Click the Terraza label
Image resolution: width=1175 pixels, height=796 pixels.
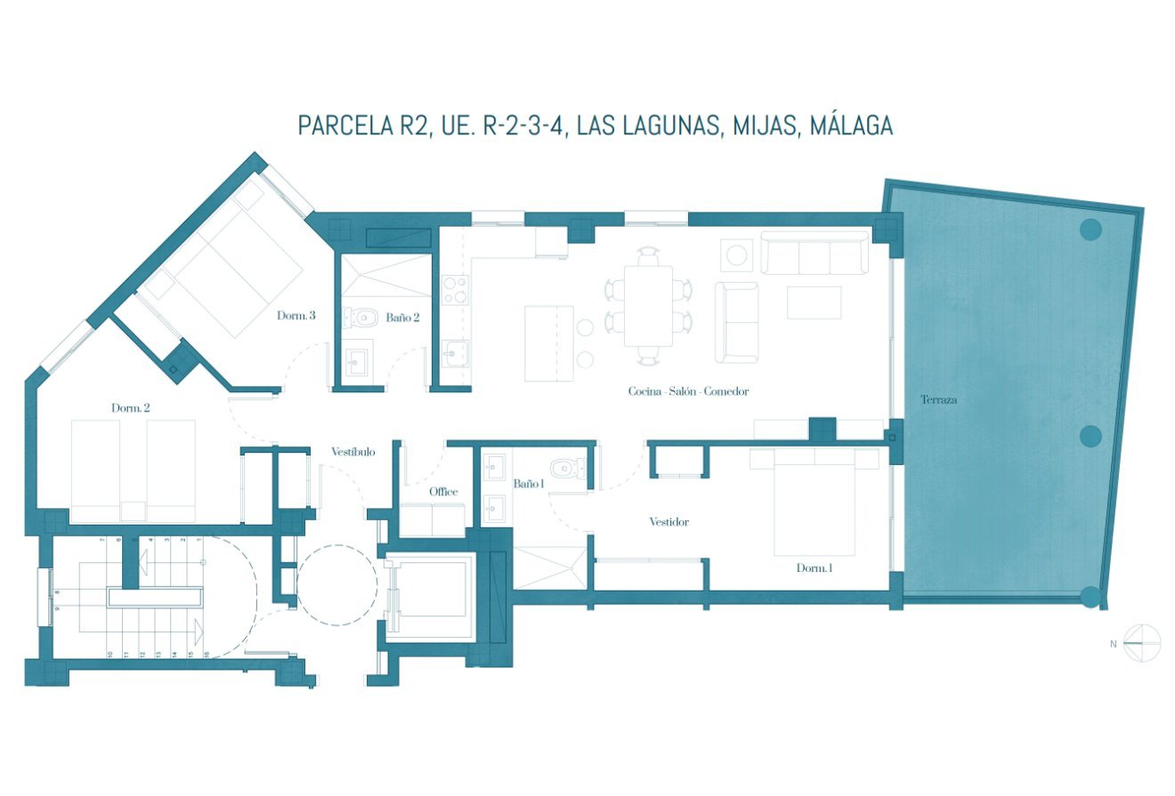(x=938, y=400)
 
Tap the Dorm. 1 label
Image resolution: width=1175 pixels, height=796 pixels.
(x=814, y=567)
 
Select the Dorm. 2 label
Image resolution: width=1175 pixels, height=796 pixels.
(x=130, y=408)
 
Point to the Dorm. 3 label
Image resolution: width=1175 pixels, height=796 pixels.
(x=296, y=315)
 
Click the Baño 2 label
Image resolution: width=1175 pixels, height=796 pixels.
(x=402, y=318)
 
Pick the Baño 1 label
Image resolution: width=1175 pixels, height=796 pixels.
(x=528, y=484)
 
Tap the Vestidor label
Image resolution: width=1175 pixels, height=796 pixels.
(x=669, y=522)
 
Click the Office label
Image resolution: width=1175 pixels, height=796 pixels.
(x=443, y=492)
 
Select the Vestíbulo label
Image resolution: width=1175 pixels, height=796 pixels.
(x=353, y=452)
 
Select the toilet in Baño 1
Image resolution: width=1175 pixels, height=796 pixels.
(x=565, y=468)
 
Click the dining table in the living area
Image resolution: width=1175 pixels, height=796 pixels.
(x=647, y=305)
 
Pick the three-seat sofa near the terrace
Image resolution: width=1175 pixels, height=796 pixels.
(x=814, y=253)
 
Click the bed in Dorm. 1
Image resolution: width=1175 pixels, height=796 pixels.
(x=814, y=503)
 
